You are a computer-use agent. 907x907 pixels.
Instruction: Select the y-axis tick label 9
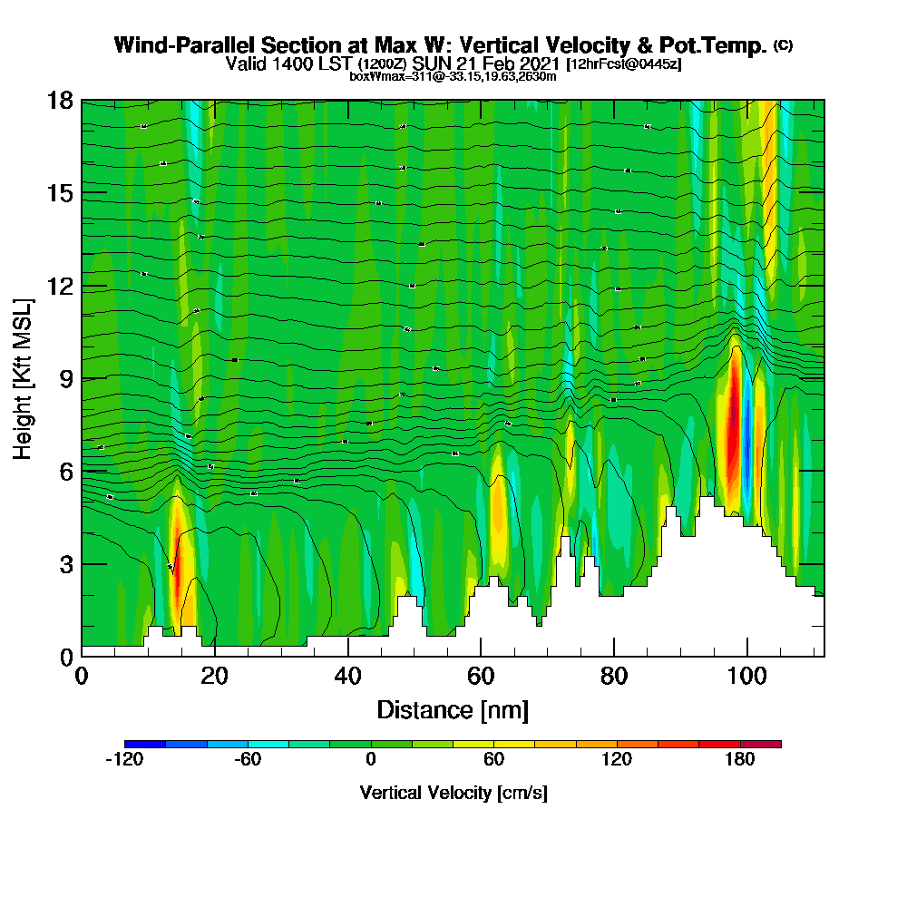pos(66,378)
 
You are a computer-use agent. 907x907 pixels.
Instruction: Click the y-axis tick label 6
pos(66,471)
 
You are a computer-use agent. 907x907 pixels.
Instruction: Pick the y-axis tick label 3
pos(66,564)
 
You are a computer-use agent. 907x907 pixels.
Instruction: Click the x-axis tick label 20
pos(214,676)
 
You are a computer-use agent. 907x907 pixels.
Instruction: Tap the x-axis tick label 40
pos(347,676)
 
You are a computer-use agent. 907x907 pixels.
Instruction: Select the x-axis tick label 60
pos(481,676)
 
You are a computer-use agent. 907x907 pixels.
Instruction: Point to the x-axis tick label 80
pos(614,676)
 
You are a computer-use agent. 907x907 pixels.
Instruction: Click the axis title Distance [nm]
pos(453,709)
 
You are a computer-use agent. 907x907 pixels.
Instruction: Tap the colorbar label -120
pos(125,760)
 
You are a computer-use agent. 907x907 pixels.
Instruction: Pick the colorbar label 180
pos(740,760)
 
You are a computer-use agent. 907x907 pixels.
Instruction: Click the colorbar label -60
pos(248,760)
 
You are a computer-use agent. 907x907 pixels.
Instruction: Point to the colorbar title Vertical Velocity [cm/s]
pos(453,793)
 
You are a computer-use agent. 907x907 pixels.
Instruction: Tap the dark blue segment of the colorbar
pos(145,744)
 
